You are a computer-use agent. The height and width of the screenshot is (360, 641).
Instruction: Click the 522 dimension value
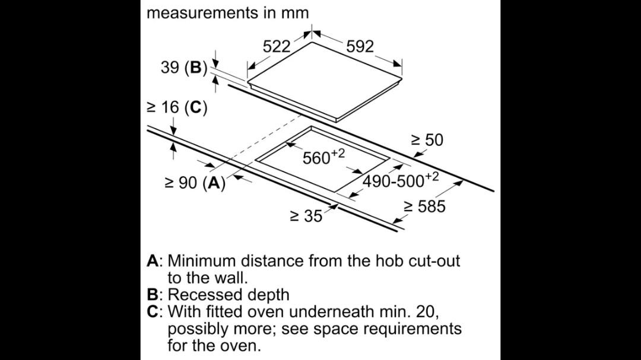[277, 47]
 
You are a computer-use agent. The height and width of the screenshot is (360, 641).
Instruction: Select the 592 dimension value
[360, 47]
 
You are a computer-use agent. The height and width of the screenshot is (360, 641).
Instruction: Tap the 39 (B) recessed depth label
[184, 67]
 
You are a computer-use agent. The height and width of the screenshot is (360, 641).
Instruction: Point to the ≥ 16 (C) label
[177, 107]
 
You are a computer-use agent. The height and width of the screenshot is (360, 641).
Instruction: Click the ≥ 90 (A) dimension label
[195, 183]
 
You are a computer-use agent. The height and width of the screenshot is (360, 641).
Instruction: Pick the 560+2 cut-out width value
[324, 157]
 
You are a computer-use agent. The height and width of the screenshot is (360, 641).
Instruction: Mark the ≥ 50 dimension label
[427, 140]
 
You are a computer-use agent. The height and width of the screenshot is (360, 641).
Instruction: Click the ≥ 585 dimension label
[425, 206]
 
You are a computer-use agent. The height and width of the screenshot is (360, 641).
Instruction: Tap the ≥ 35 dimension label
[306, 216]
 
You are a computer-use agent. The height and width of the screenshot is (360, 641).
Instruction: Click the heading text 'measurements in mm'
[228, 12]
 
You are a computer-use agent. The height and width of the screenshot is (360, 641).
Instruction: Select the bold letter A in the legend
[153, 261]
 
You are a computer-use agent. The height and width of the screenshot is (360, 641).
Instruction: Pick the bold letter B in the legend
[153, 295]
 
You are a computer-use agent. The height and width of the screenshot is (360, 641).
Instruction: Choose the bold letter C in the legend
[153, 312]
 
